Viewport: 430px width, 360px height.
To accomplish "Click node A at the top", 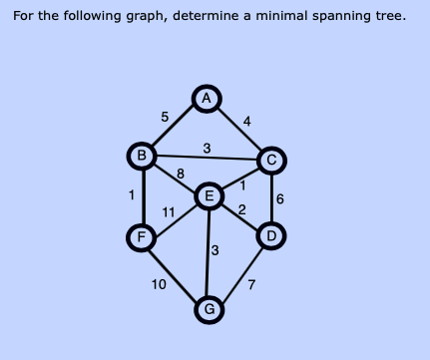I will tap(207, 98).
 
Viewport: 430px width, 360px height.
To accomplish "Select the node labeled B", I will tap(143, 156).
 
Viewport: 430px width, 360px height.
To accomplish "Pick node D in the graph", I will tap(270, 236).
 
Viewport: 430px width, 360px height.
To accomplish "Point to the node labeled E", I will tap(209, 195).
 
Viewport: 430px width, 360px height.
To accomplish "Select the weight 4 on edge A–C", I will tap(247, 121).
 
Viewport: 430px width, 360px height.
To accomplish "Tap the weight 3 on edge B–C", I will tap(207, 148).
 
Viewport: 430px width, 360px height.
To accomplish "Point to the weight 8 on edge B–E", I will tap(180, 175).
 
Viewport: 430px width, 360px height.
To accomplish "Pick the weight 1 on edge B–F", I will tap(131, 195).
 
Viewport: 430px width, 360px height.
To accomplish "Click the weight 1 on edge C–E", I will tap(241, 182).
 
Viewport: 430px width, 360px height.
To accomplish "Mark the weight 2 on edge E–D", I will tap(241, 208).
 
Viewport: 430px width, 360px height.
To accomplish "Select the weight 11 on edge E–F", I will tap(169, 210).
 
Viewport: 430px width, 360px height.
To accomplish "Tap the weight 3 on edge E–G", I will tap(215, 248).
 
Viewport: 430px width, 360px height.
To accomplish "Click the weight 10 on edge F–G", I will tap(159, 285).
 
